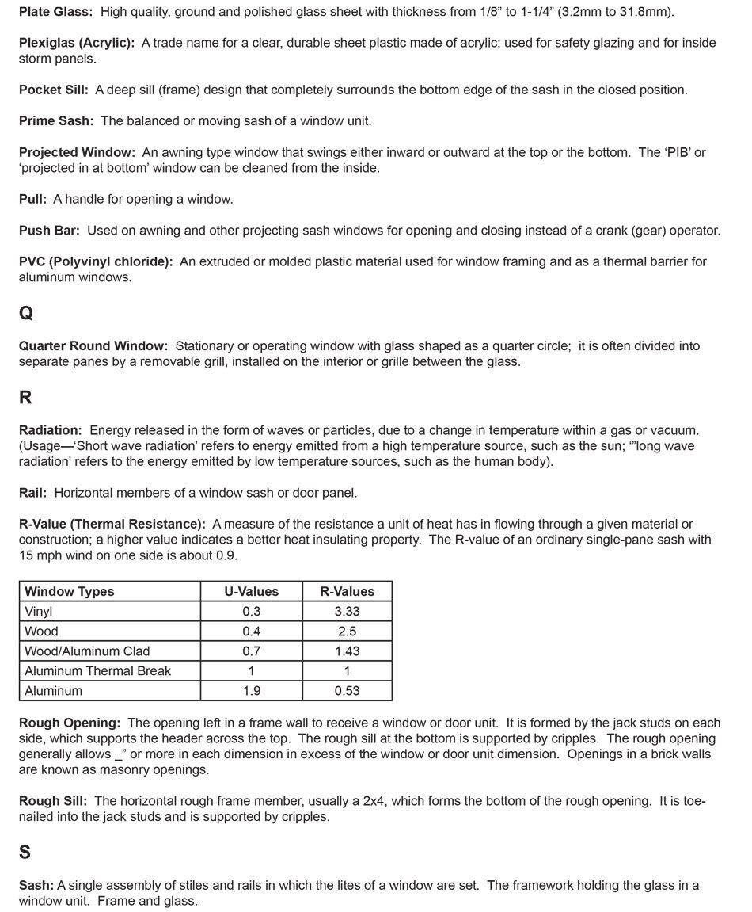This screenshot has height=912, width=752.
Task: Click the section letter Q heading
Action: tap(26, 313)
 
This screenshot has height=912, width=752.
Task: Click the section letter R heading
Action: tap(25, 398)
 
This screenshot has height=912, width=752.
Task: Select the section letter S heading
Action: tap(25, 853)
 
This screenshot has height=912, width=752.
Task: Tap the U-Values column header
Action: tap(251, 591)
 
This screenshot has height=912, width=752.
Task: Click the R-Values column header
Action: tap(347, 591)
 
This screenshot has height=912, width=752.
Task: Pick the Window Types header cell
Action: tap(70, 591)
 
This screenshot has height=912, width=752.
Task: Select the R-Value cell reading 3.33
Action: tap(347, 612)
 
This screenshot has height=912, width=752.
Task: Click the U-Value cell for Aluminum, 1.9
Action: tap(251, 691)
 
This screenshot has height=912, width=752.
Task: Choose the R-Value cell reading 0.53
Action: tap(347, 691)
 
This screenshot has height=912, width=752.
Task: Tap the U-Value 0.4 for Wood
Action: tap(251, 632)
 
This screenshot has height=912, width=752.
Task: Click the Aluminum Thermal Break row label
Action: tap(97, 671)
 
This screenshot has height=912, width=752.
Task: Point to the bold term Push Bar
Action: tap(49, 231)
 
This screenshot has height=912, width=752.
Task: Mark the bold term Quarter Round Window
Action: tap(93, 346)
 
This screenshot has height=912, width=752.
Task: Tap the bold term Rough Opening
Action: tap(70, 723)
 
